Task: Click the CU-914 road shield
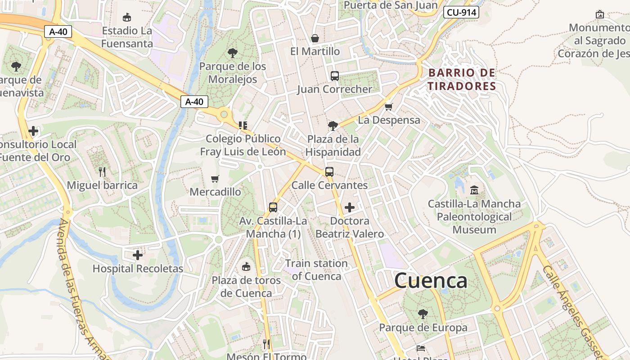click(x=461, y=12)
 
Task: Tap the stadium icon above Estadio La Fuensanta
click(x=127, y=18)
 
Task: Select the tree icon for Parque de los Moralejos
click(x=233, y=53)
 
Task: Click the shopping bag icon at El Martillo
click(x=315, y=38)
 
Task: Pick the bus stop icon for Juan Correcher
click(x=335, y=76)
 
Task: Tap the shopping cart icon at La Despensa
click(x=389, y=107)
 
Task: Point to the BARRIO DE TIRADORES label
click(x=462, y=79)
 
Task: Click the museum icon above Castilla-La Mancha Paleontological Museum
click(x=474, y=190)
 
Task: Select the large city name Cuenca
click(x=431, y=281)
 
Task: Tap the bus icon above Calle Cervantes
click(x=329, y=171)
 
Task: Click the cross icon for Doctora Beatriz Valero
click(x=349, y=207)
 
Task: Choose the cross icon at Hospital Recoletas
click(x=138, y=255)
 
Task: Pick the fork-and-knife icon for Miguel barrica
click(x=102, y=171)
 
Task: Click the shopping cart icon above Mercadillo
click(x=215, y=179)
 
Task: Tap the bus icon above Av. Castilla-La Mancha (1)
click(x=273, y=207)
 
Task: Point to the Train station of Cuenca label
click(x=316, y=270)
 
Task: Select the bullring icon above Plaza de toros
click(x=246, y=267)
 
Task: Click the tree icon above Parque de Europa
click(x=423, y=314)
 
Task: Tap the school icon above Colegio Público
click(x=243, y=125)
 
